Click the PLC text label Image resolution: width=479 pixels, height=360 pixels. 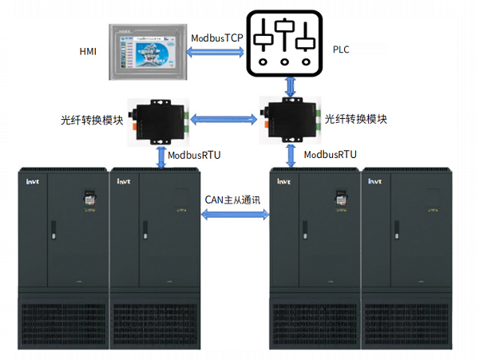pos(342,49)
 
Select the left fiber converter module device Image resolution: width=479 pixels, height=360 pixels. pos(160,119)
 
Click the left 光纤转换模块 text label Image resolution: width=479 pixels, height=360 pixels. pos(92,121)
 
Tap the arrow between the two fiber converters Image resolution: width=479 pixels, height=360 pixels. pos(224,120)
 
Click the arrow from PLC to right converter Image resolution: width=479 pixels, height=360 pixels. pos(289,86)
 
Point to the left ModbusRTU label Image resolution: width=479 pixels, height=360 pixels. pos(194,154)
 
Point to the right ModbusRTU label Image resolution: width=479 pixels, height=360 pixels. pos(330,154)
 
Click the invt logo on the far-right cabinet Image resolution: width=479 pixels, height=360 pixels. pos(374,182)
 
